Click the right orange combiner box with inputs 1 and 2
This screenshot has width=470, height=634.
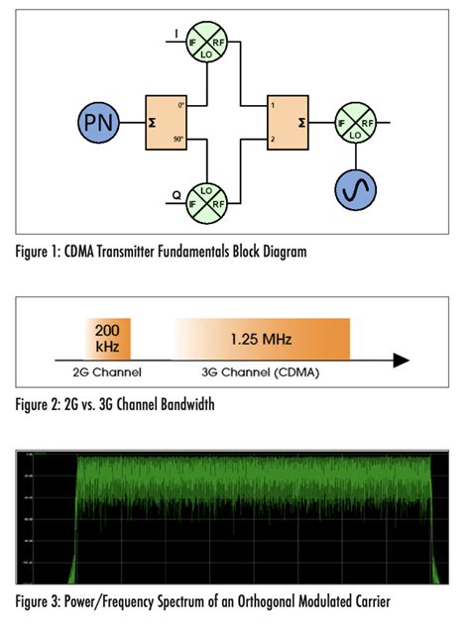(287, 123)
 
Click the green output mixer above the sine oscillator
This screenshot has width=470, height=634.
(354, 123)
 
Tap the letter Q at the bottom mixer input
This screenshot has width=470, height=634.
(176, 196)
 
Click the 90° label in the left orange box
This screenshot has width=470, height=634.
(178, 142)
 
